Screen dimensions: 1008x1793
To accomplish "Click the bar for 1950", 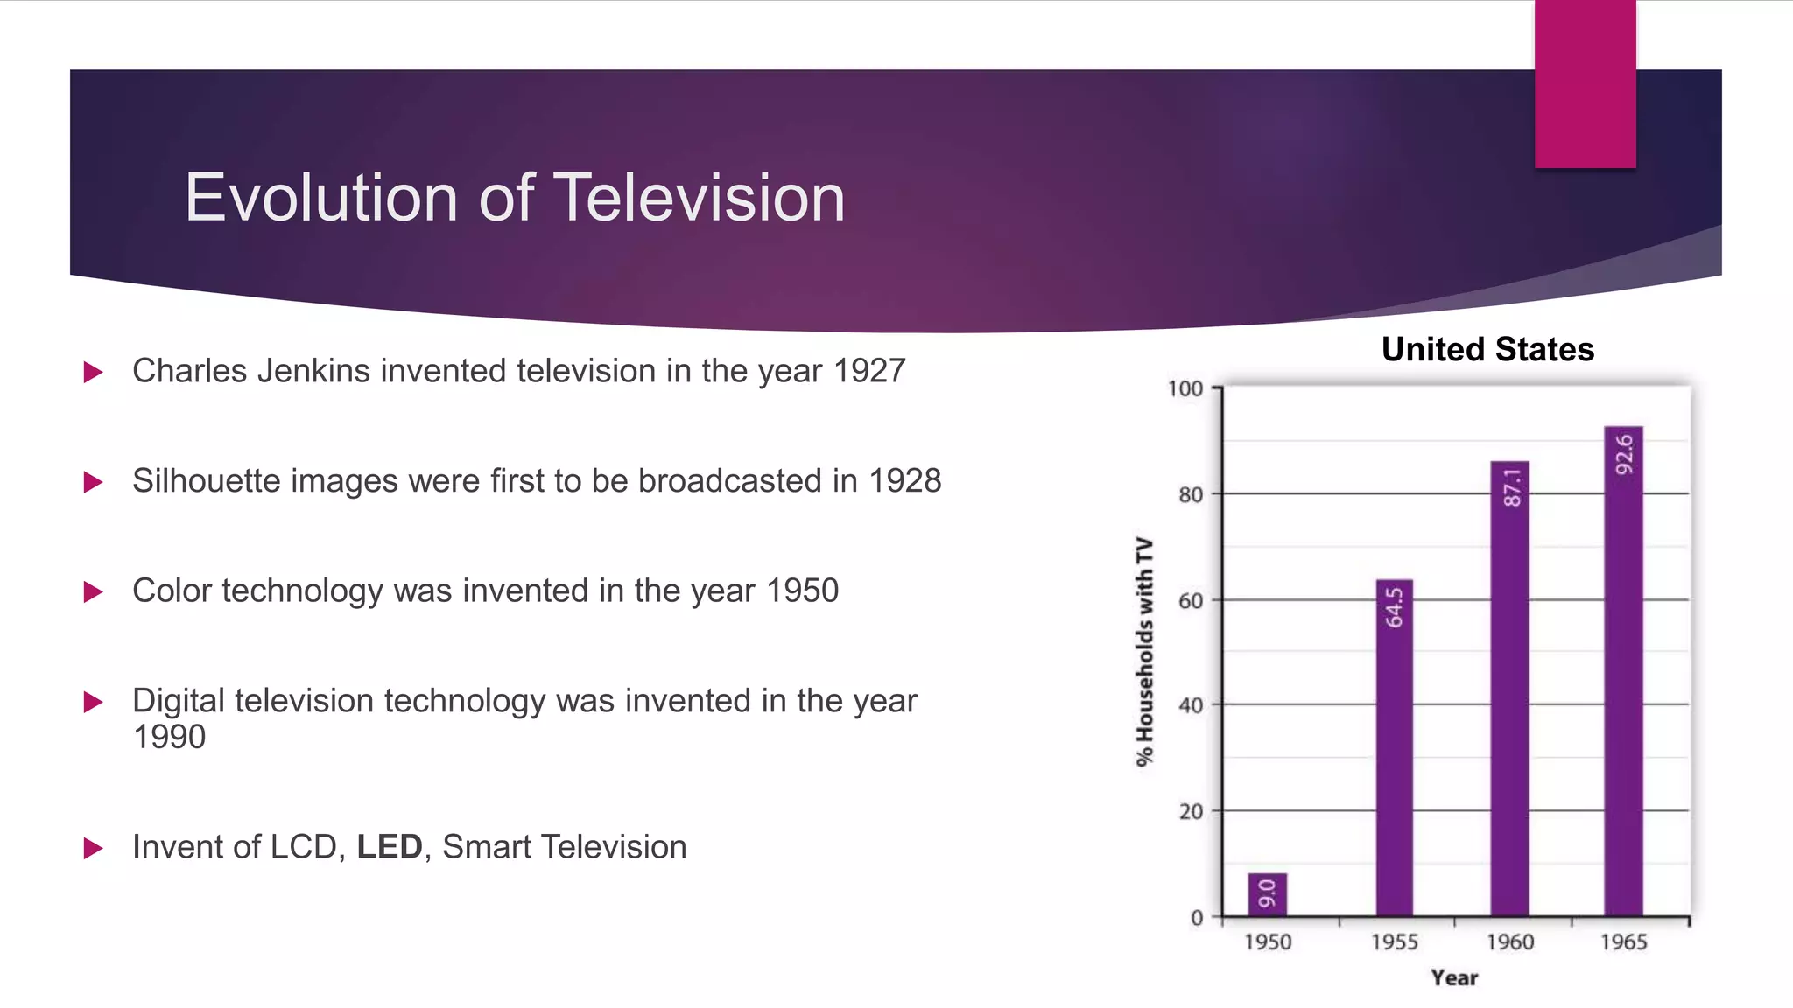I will pos(1267,894).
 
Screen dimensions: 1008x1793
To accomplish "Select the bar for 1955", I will pos(1394,748).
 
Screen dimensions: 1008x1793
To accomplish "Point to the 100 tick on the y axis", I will pos(1185,388).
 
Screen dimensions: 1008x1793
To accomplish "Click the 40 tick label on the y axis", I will pos(1190,705).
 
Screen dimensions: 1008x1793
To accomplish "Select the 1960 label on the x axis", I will pos(1509,942).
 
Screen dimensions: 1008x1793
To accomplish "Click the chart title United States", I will pos(1487,349).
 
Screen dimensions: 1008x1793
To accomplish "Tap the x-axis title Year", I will pos(1454,978).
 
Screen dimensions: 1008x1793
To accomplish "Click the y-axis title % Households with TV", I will pos(1144,652).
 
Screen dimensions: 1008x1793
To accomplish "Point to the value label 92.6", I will pos(1624,454).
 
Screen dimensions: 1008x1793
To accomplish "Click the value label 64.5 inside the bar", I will pos(1394,607).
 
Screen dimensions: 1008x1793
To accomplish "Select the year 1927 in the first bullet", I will pos(868,371).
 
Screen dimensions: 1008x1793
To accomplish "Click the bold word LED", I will pos(390,847).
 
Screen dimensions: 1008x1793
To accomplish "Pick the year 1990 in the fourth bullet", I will pos(169,737).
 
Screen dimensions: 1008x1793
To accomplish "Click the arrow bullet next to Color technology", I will pos(93,592).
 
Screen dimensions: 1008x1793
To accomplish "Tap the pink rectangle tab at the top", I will pos(1585,84).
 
